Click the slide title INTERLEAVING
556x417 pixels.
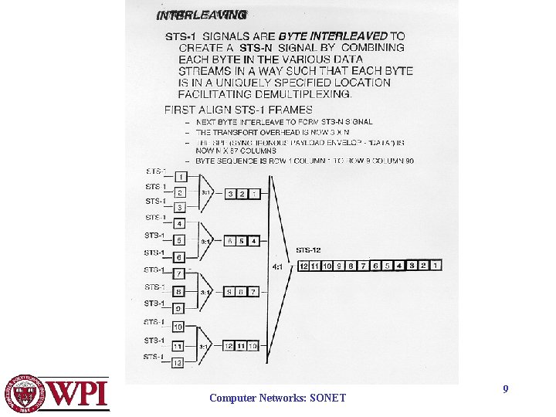(202, 15)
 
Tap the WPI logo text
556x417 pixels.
(80, 395)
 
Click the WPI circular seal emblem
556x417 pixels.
(27, 394)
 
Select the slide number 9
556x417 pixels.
(505, 389)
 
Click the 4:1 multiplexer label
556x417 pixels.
(277, 266)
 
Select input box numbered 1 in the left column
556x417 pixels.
(180, 177)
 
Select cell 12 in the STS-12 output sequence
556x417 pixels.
(304, 266)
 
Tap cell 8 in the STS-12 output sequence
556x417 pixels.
(352, 266)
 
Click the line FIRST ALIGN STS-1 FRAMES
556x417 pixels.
(238, 110)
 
